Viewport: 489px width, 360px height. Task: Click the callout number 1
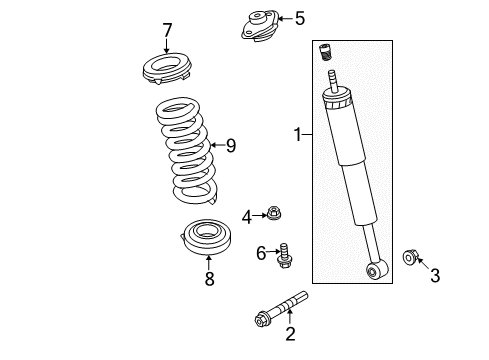click(x=296, y=132)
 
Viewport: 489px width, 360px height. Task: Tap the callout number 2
click(x=290, y=334)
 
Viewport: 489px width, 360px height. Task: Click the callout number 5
click(x=298, y=17)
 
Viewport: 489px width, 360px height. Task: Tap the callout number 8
click(x=209, y=280)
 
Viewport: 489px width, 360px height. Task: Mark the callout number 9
click(x=230, y=147)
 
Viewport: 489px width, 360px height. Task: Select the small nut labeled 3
click(x=409, y=258)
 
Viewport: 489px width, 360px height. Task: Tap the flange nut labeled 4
click(x=272, y=213)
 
